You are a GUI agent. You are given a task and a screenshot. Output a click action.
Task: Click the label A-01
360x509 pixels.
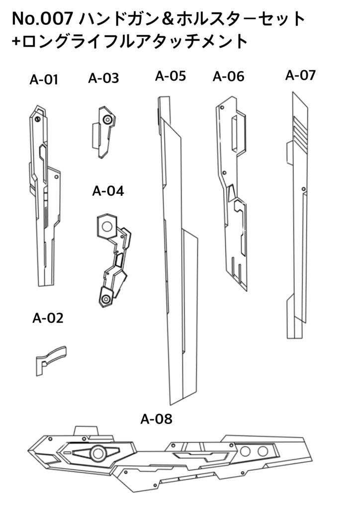[x=44, y=80]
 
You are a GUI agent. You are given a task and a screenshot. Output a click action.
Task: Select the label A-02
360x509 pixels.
[x=48, y=318]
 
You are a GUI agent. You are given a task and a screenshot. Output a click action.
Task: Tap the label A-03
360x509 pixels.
[x=103, y=78]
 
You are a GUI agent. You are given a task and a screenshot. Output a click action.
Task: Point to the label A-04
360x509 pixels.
[x=108, y=191]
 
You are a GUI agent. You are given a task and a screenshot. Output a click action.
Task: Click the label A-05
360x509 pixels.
[x=171, y=76]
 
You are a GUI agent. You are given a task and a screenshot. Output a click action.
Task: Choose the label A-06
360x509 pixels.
[x=229, y=77]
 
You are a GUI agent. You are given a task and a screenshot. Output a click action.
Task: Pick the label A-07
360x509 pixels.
[x=300, y=75]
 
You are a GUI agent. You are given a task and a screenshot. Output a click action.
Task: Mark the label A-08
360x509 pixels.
[x=156, y=419]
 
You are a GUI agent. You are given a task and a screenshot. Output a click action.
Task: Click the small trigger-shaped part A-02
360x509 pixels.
[x=51, y=361]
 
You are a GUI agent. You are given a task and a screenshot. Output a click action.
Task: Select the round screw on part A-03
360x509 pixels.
[x=107, y=120]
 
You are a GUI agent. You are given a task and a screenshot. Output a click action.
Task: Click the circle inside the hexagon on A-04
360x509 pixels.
[x=107, y=226]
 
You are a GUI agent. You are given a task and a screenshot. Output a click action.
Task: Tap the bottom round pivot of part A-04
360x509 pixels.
[x=105, y=299]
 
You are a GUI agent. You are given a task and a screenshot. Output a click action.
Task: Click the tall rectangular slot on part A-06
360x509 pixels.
[x=234, y=133]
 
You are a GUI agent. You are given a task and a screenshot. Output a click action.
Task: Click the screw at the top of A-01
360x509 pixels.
[x=37, y=119]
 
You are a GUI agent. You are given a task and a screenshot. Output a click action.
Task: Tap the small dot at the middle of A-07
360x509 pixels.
[x=303, y=189]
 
